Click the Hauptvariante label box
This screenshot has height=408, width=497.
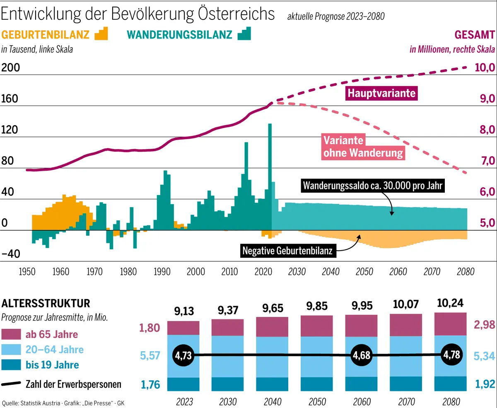(381, 93)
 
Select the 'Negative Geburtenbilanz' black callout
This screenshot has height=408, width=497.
(287, 250)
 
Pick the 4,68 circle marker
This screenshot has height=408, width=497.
(361, 355)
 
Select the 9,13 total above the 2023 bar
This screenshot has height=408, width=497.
(183, 311)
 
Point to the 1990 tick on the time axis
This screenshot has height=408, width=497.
(162, 272)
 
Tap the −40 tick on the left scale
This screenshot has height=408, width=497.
(11, 254)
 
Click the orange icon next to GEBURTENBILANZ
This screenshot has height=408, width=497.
(101, 34)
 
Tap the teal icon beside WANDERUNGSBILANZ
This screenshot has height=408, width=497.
(244, 34)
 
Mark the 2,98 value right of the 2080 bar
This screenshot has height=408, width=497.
(484, 325)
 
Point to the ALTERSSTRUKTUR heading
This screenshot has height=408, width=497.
(46, 304)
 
